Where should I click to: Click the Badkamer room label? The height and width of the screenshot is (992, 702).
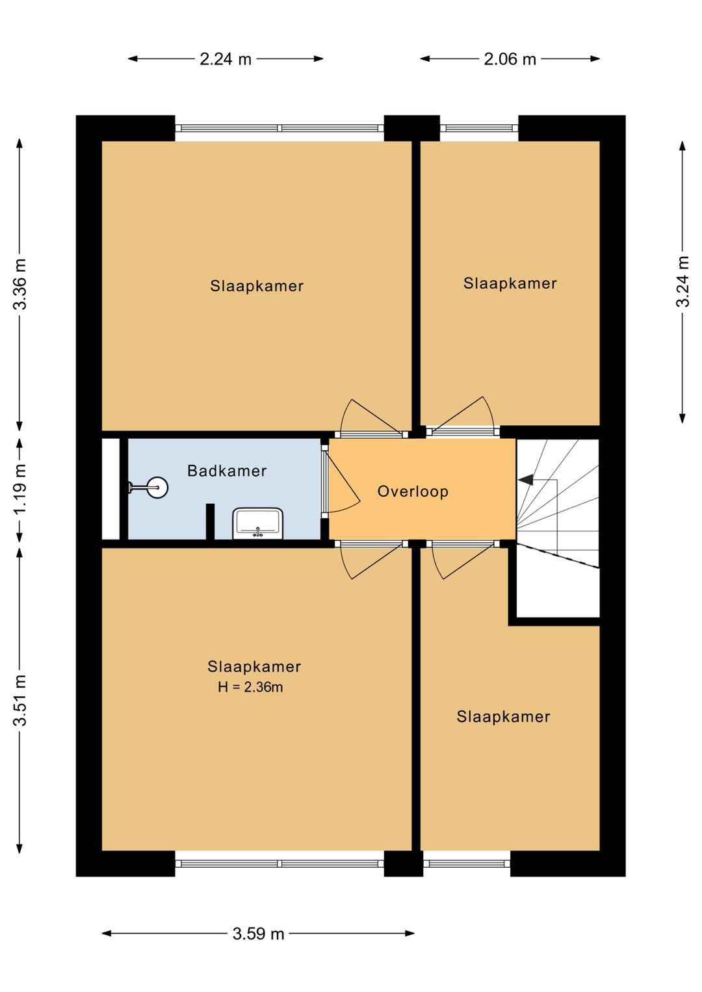point(227,470)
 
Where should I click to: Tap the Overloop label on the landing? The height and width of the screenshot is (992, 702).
point(413,491)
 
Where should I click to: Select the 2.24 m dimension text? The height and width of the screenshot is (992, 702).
point(226,59)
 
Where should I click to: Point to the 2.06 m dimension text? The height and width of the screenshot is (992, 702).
point(510,59)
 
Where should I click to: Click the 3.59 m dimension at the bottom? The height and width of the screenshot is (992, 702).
point(258,933)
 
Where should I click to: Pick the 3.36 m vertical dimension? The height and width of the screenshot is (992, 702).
point(20,284)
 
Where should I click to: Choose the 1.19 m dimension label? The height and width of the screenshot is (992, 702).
point(20,488)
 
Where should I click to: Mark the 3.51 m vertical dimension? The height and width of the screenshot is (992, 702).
point(20,700)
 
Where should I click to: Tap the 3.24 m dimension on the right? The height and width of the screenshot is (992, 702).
point(682,281)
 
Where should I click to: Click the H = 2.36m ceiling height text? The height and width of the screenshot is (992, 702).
point(250,687)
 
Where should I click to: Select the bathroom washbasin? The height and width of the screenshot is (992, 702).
point(258,523)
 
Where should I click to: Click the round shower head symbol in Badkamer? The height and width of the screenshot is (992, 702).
point(158,487)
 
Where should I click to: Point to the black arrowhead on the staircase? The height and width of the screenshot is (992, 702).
point(526,480)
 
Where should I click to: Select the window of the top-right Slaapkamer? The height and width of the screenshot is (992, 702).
point(479,129)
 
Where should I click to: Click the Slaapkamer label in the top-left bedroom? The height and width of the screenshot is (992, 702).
point(257,286)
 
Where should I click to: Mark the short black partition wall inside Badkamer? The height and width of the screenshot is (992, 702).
point(211,522)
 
